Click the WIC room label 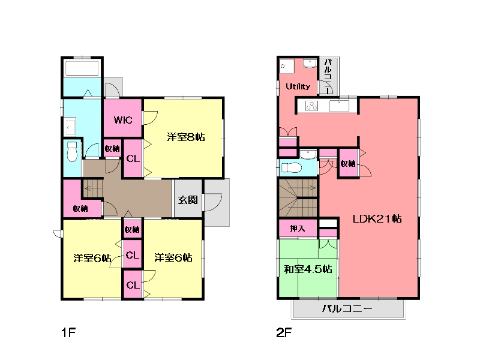coord(123,120)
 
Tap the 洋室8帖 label coord(186,137)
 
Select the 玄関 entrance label coord(188,200)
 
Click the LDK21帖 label coord(377,218)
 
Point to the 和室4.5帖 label coord(308,269)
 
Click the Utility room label coord(298,86)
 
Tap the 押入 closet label coord(298,229)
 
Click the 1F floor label coord(68,332)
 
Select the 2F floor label coord(284,332)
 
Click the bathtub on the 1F coord(82,68)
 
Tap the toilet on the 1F coord(72,151)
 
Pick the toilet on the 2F coord(292,168)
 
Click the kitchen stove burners coord(311,106)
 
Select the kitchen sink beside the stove coord(339,106)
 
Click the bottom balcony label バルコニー coord(347,308)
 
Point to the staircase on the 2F coord(298,198)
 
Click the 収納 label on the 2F coord(348,163)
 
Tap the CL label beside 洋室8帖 coord(133,158)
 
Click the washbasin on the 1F coord(70,126)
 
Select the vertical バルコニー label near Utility coord(328,76)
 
